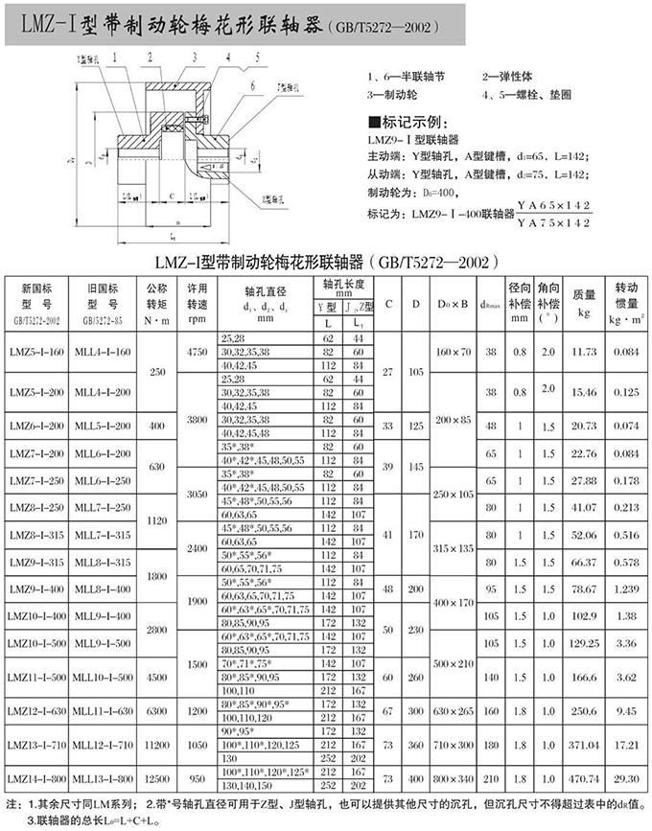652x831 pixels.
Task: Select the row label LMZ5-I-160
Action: [x=35, y=353]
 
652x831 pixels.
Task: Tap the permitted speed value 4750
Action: [x=198, y=353]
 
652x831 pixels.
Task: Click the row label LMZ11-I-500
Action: [x=35, y=677]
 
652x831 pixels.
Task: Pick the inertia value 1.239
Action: [x=627, y=589]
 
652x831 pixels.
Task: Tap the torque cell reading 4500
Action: [x=155, y=677]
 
